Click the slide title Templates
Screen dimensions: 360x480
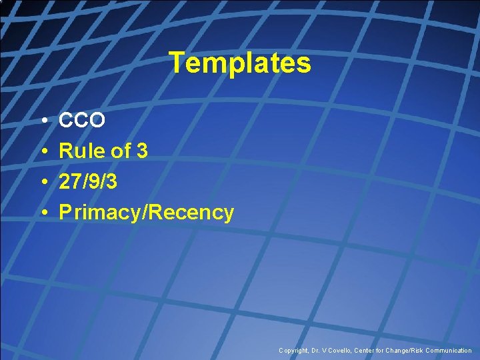[x=240, y=63]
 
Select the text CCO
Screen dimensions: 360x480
[x=82, y=121]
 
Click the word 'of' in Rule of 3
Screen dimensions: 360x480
[x=120, y=151]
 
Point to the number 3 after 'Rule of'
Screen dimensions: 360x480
[x=141, y=151]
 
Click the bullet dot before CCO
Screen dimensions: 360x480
[x=42, y=121]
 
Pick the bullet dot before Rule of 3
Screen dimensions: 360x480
[x=42, y=152]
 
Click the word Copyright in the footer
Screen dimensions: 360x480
[x=294, y=350]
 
